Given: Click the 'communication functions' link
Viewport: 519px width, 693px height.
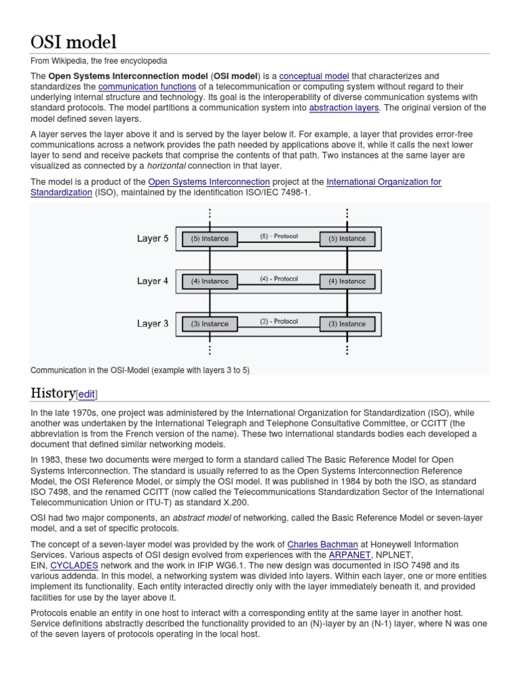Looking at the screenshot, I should pos(147,87).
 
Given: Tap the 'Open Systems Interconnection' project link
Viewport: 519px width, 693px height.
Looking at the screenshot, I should pos(209,182).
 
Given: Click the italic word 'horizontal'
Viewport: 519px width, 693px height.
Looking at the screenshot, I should pos(168,166).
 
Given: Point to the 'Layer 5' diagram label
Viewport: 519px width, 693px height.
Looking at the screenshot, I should pos(153,238).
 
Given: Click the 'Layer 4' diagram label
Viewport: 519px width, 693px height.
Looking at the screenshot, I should pos(153,281).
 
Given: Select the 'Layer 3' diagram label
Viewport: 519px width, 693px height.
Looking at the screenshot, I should pos(153,323).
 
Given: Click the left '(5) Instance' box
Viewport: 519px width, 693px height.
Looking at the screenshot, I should pos(209,238).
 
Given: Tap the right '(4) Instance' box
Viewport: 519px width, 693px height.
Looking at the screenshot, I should pos(347,281).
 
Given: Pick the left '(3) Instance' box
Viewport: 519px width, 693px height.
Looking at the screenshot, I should pos(209,323).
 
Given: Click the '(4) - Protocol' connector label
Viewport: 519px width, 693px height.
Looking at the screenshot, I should pos(279,278).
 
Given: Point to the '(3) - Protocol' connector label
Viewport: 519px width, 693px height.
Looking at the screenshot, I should pos(279,321).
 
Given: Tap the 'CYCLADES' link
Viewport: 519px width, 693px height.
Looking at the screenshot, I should pos(74,565).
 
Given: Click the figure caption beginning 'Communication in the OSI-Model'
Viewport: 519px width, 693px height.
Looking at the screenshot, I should pos(140,370).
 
